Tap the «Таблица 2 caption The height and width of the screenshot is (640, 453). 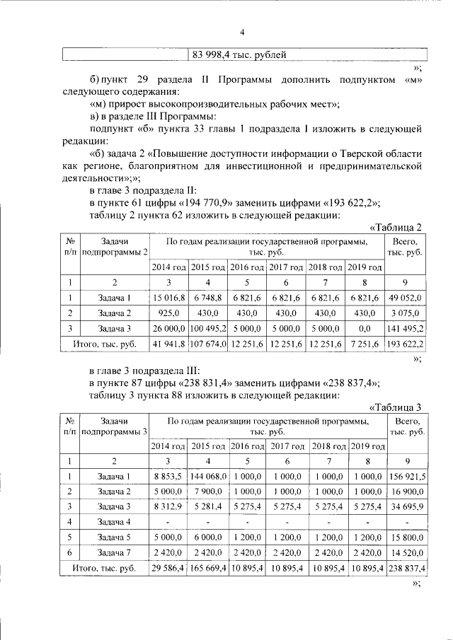(x=396, y=227)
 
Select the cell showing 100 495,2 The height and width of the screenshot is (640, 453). (x=208, y=328)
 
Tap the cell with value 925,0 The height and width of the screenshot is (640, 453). (x=169, y=313)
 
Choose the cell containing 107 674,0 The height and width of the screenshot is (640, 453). (x=208, y=344)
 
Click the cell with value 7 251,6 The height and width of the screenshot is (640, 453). (x=365, y=344)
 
